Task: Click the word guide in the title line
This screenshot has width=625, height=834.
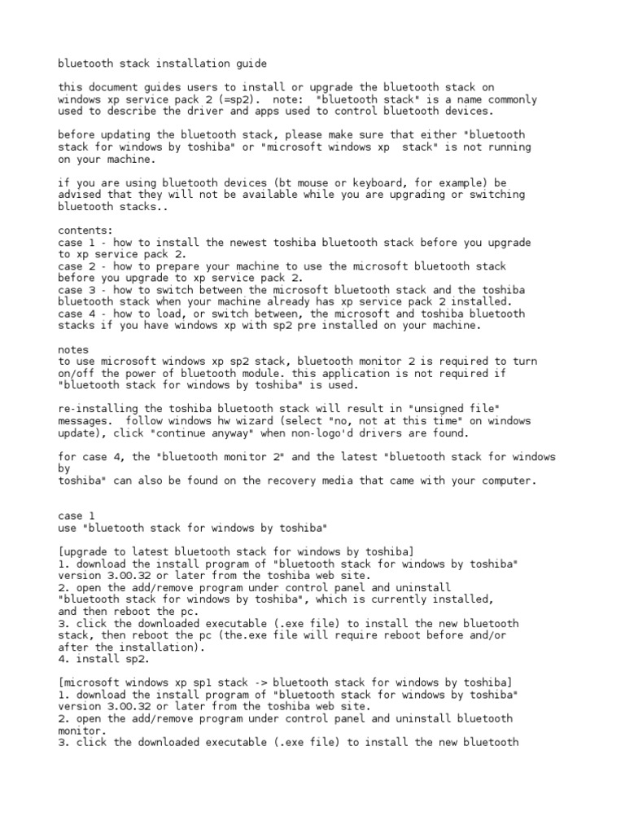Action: point(250,63)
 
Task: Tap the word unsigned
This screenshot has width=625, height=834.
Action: point(433,409)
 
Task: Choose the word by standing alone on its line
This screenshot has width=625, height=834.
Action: point(65,469)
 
